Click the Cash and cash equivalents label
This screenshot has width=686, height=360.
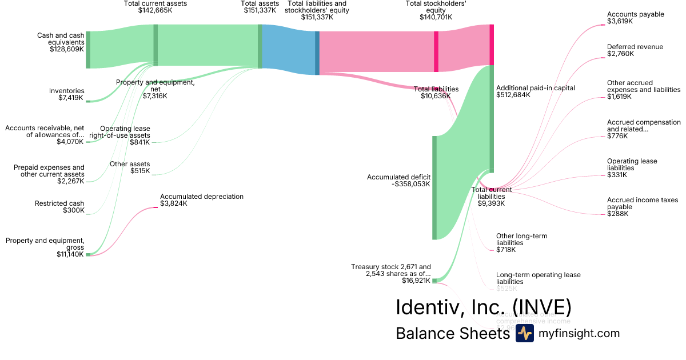tap(61, 39)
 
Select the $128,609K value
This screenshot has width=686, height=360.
tap(67, 49)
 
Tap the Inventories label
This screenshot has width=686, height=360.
tap(66, 91)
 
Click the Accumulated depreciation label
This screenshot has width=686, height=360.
tap(201, 197)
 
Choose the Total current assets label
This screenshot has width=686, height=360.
tap(155, 3)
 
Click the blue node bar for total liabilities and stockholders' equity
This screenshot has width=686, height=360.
tap(317, 53)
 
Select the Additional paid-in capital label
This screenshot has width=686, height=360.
tap(535, 88)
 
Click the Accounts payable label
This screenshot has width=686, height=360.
tap(635, 14)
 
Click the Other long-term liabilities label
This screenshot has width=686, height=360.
tap(518, 239)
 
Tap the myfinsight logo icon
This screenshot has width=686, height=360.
tap(524, 334)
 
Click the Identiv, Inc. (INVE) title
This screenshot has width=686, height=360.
tap(483, 307)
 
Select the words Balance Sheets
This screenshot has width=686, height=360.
tap(452, 334)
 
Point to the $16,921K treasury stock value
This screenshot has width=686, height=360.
tap(416, 281)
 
